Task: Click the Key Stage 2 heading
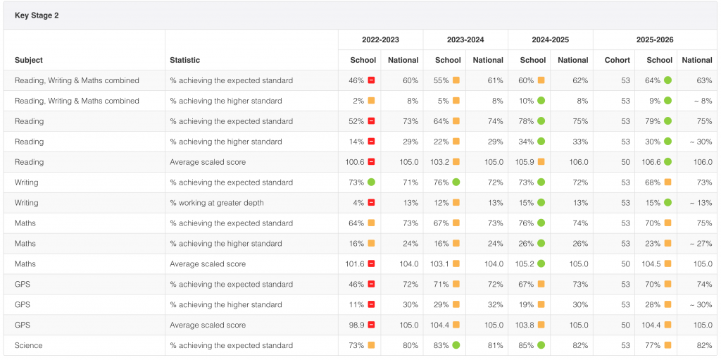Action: (x=37, y=15)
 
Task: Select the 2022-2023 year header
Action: (x=380, y=39)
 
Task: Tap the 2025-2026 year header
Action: (x=655, y=39)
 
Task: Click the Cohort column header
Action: (x=617, y=60)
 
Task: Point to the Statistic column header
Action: (x=185, y=60)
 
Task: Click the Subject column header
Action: (x=28, y=60)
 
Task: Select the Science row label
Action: (x=28, y=345)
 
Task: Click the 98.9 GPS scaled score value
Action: (x=357, y=325)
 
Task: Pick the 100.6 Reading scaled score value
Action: (x=355, y=162)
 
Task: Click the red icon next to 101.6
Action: (x=371, y=263)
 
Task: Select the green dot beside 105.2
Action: (x=541, y=263)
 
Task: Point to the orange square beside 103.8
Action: (x=541, y=325)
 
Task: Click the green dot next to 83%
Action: (x=456, y=345)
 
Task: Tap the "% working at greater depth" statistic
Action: (x=217, y=203)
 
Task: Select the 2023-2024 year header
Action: (x=465, y=39)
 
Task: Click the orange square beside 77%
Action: (x=667, y=345)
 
